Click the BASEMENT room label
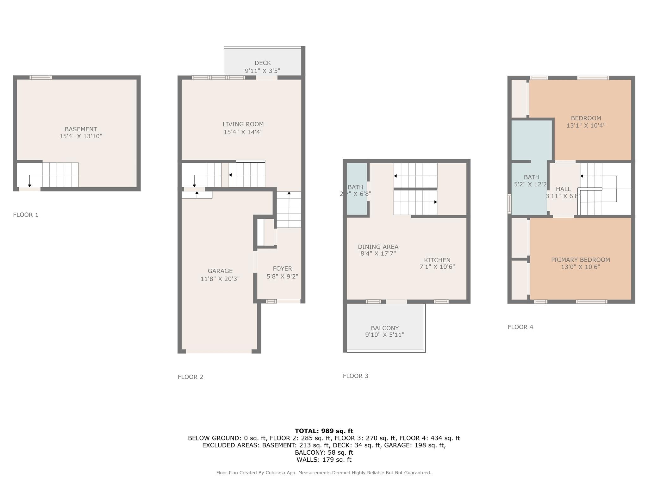[81, 129]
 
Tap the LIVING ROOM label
[243, 124]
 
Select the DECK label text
[263, 63]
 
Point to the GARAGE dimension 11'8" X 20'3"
[220, 279]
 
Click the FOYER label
[283, 269]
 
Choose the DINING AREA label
[378, 247]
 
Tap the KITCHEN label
[437, 260]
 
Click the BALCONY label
[385, 328]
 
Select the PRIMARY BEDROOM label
[581, 260]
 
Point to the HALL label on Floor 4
[563, 189]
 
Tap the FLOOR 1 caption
[26, 215]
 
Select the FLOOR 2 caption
[190, 377]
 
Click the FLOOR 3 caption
[356, 376]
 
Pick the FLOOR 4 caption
[520, 327]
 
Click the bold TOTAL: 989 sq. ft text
[324, 431]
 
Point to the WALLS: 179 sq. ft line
[324, 460]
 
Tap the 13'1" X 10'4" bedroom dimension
[586, 125]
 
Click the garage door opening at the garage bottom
[219, 351]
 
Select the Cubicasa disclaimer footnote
[324, 473]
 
